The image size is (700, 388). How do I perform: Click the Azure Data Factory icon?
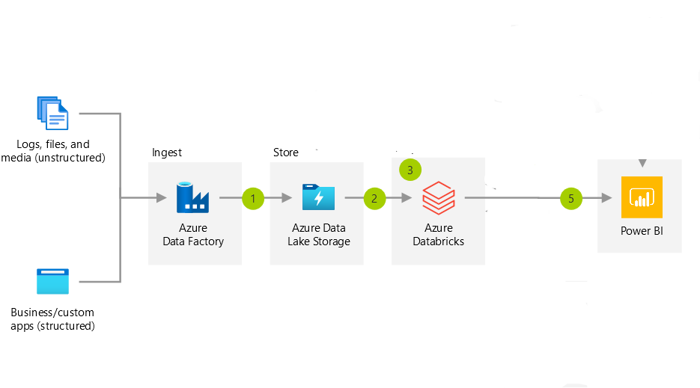click(x=192, y=197)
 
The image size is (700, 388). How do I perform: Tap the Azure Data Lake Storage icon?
click(x=318, y=197)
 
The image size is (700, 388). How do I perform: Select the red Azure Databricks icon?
click(x=438, y=198)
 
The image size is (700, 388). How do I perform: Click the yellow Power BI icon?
click(x=642, y=197)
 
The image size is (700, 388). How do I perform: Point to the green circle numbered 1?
click(x=254, y=198)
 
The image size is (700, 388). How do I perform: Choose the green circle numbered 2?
click(x=374, y=198)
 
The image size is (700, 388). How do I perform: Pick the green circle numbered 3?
click(x=410, y=170)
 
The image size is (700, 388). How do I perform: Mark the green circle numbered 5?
click(x=571, y=198)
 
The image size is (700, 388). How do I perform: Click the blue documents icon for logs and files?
click(x=52, y=114)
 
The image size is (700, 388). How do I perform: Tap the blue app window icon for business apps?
click(x=52, y=281)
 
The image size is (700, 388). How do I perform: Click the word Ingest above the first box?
click(x=166, y=153)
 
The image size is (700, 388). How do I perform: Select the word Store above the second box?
click(x=285, y=153)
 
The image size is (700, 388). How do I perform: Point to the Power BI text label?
click(x=642, y=231)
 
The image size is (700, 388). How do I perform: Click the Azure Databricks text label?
click(x=438, y=235)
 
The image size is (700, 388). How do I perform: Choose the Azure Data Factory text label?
click(x=193, y=235)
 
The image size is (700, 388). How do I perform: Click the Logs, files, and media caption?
click(x=53, y=151)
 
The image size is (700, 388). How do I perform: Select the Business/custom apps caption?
click(x=52, y=318)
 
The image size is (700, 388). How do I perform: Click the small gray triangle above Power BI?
click(x=640, y=163)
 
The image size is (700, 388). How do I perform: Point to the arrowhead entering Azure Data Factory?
click(x=161, y=198)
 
